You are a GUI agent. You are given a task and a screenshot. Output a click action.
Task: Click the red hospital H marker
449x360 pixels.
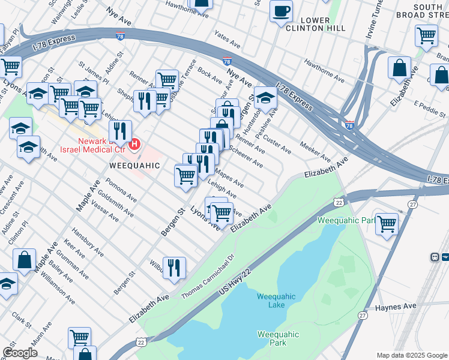[135, 145]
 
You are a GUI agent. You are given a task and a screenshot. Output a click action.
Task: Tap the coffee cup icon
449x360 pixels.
[281, 11]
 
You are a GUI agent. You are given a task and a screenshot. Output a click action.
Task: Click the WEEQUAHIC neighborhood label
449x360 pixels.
[134, 165]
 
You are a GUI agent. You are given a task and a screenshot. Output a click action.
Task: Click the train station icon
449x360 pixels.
[434, 257]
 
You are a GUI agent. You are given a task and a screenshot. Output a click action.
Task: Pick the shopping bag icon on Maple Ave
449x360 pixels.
[25, 260]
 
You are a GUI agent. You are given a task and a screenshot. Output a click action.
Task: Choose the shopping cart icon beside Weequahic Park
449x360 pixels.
[387, 223]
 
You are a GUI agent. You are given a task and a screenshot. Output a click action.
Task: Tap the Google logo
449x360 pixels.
[20, 353]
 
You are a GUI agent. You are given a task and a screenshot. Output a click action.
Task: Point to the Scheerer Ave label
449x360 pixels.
[246, 158]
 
